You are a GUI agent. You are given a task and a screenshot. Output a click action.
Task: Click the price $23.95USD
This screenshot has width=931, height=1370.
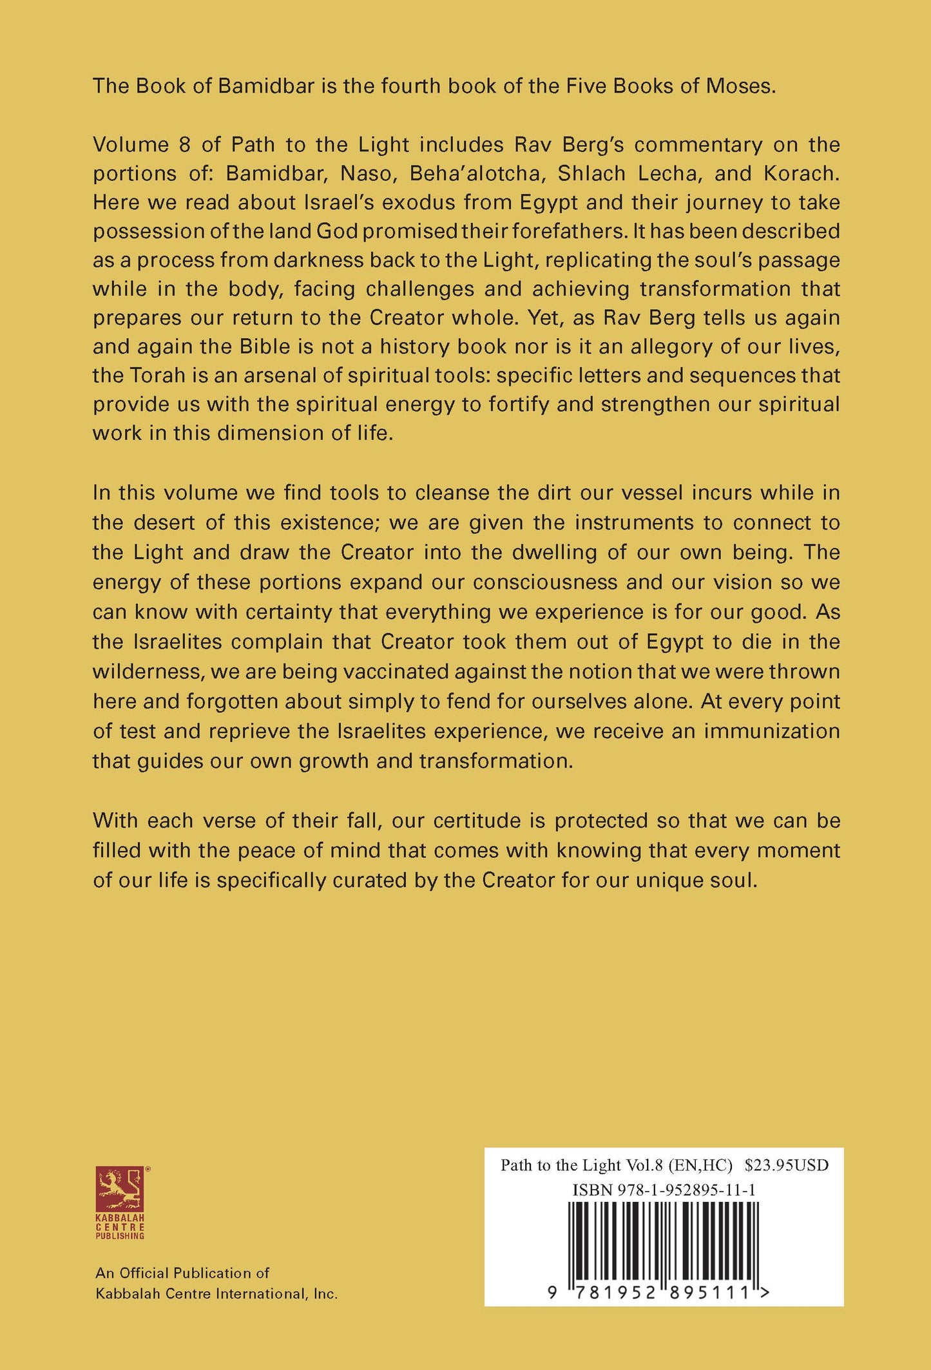click(786, 1165)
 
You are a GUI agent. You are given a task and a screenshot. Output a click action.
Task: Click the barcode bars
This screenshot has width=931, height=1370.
click(664, 1240)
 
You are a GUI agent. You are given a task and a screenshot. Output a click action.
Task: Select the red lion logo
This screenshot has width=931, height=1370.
click(120, 1190)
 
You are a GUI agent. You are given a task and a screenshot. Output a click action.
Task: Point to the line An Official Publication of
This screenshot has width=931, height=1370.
click(182, 1273)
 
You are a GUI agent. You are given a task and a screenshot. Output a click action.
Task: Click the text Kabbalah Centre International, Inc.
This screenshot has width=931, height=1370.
click(216, 1293)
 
